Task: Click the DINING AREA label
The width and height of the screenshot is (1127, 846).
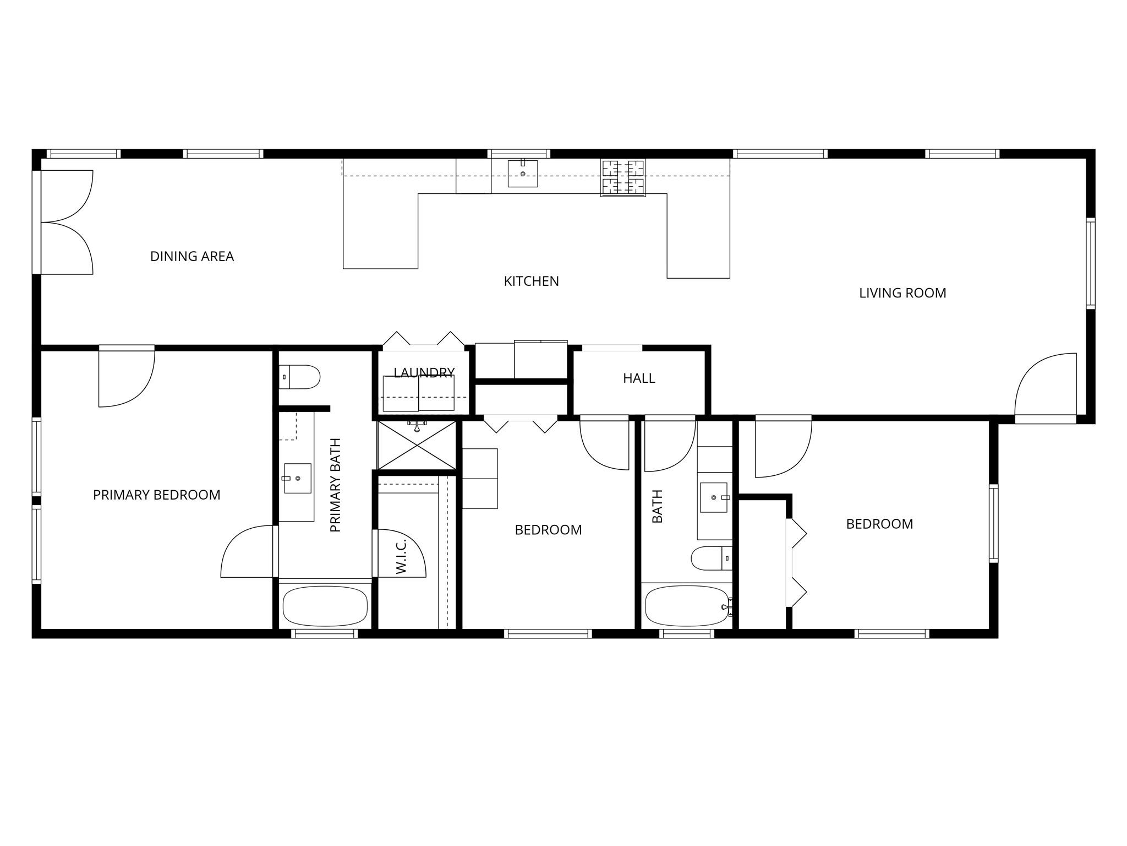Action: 192,256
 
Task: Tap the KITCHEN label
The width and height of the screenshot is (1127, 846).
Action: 531,281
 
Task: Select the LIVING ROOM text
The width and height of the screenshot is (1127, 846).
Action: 902,293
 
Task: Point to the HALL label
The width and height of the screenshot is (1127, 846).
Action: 639,378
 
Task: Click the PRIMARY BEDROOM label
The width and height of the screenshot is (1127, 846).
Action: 156,495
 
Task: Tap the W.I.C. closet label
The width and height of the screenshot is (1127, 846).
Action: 401,556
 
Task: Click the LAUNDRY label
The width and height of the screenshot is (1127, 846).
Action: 424,373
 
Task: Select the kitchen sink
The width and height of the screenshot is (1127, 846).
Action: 522,173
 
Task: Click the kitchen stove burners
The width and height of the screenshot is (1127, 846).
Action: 623,177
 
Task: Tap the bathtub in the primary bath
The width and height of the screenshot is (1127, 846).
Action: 325,606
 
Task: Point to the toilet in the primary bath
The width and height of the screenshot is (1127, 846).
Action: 299,377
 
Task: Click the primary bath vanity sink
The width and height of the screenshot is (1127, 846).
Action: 297,478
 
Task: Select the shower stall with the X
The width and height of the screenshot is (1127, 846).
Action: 417,444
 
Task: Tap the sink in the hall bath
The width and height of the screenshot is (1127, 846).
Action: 714,497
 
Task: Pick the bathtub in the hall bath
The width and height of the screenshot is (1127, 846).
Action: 688,606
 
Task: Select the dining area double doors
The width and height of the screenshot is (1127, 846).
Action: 66,222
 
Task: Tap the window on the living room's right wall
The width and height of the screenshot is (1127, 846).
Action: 1090,263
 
